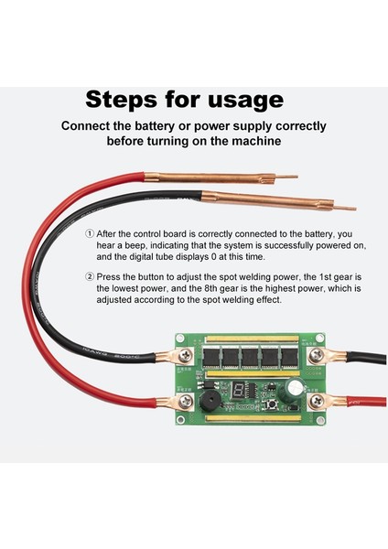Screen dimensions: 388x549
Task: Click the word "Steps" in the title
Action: click(121, 100)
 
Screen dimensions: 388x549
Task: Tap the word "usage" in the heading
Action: click(245, 101)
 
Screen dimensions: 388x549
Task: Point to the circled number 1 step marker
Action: click(90, 233)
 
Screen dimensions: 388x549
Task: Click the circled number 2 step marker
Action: click(90, 277)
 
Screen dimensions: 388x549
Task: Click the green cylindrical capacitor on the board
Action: click(295, 388)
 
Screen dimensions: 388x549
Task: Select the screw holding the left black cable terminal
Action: click(185, 356)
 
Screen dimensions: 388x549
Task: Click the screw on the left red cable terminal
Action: click(185, 401)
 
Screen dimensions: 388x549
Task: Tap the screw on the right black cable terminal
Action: click(316, 356)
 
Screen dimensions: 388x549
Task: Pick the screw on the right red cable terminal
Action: click(317, 401)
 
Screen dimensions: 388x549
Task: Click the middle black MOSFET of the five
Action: click(250, 357)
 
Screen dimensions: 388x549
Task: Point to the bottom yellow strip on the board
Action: click(253, 418)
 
